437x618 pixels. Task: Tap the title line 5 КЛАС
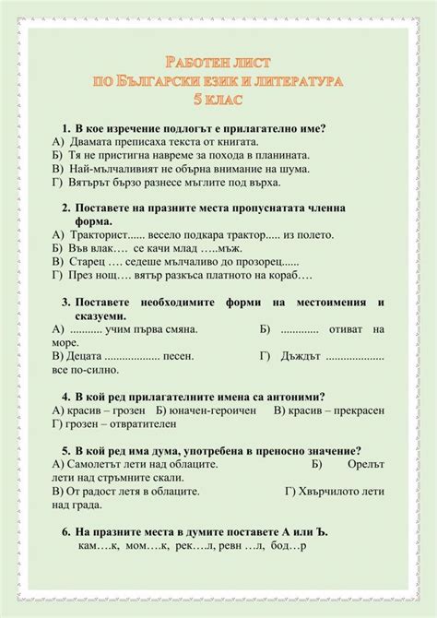coord(218,99)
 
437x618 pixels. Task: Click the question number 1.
coord(66,128)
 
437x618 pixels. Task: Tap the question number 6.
coord(66,532)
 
